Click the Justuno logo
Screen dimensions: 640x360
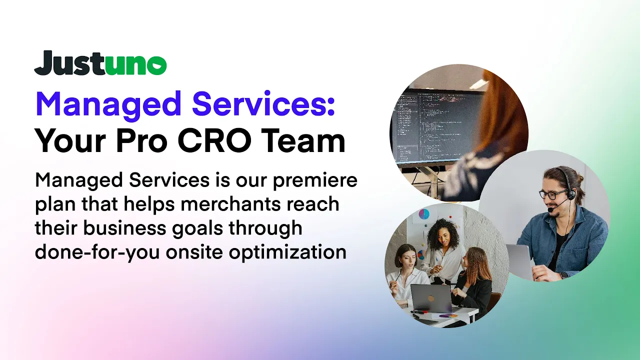[100, 63]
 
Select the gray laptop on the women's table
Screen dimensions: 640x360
[431, 298]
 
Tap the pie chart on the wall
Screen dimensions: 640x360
[424, 214]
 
